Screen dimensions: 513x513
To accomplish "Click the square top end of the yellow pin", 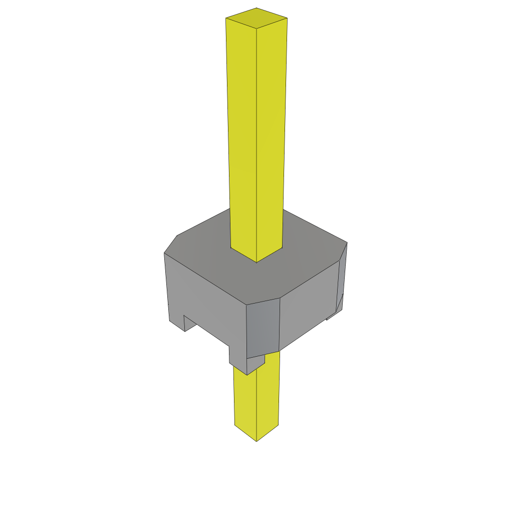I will coord(256,18).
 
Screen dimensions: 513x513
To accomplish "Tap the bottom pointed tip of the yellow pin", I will coord(256,440).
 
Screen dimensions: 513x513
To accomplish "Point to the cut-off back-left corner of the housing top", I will coord(171,243).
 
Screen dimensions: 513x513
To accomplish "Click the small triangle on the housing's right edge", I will coord(340,304).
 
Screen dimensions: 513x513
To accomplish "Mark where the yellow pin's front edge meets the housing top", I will coord(256,262).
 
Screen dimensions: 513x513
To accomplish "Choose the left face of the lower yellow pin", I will coord(245,401).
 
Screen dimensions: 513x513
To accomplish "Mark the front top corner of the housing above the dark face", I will coord(247,304).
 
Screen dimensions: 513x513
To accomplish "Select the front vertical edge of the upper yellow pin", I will coord(256,150).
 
